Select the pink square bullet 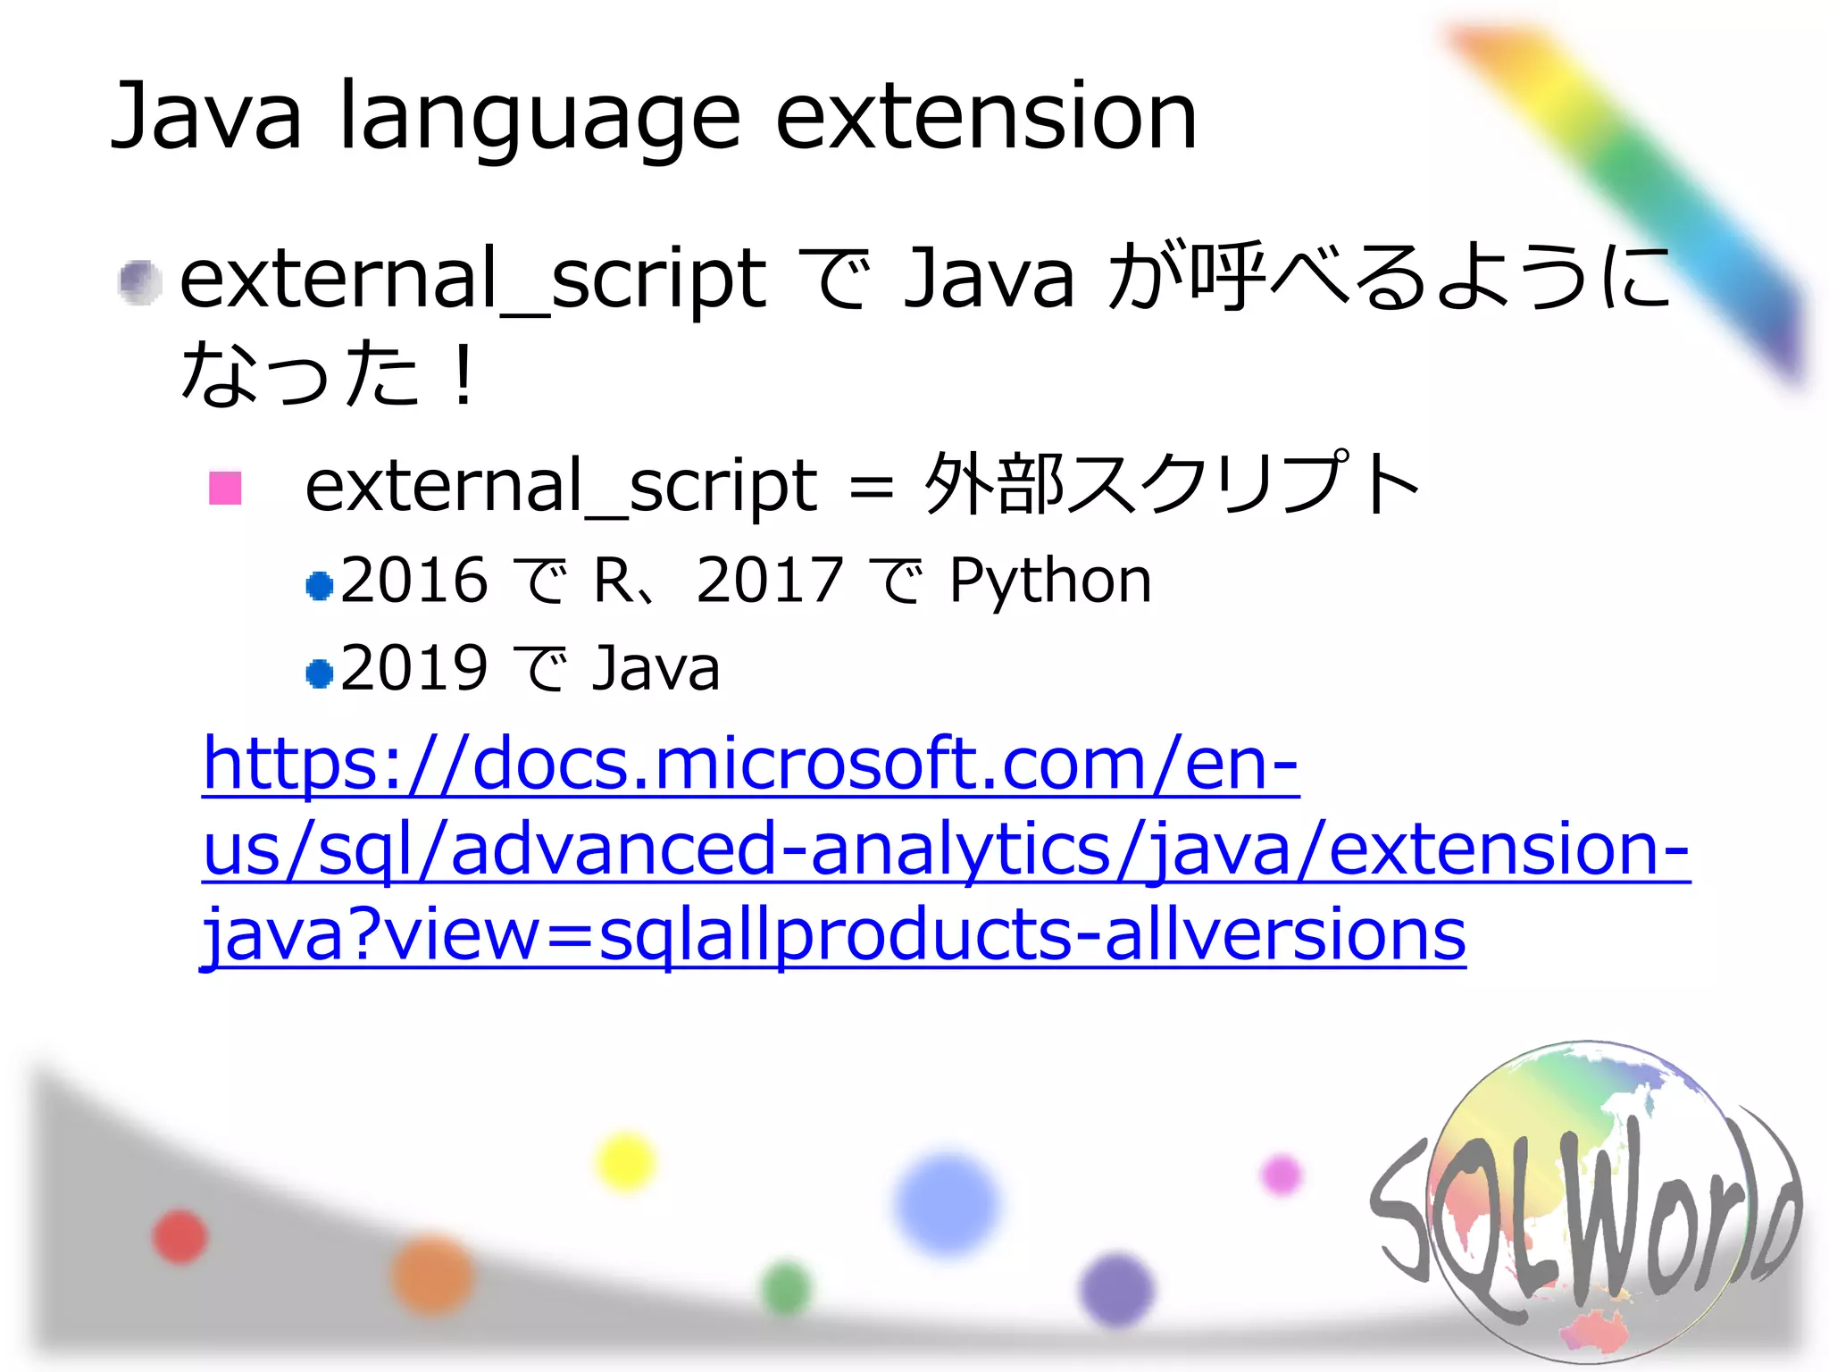(x=225, y=488)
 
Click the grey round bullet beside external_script (x=139, y=283)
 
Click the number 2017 (x=769, y=580)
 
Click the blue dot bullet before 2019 (x=319, y=673)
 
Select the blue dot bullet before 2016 (x=319, y=586)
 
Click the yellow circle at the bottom (x=625, y=1162)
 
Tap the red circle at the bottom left (x=180, y=1237)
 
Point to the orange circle (x=433, y=1276)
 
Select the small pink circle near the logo (x=1282, y=1174)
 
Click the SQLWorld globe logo (x=1585, y=1201)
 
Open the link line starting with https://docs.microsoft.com (x=750, y=764)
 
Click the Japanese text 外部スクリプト (x=1171, y=485)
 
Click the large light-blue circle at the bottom (x=947, y=1203)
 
